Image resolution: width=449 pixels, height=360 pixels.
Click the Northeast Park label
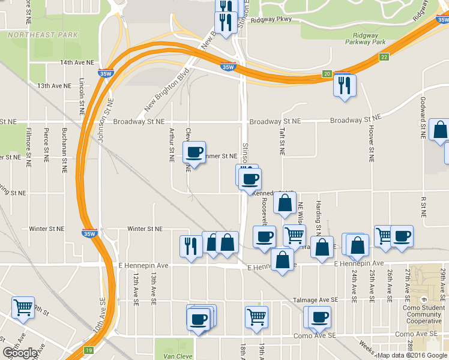click(43, 35)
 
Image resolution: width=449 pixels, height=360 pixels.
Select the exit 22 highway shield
click(384, 56)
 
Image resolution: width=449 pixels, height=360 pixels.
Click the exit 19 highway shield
click(89, 350)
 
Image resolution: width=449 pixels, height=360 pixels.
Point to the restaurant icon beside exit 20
click(345, 85)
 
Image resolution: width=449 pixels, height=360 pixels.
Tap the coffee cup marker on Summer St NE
click(194, 153)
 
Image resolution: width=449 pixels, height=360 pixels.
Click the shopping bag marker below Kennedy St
click(285, 203)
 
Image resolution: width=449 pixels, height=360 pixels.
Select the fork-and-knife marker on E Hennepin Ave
click(191, 246)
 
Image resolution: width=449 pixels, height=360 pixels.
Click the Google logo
click(20, 353)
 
